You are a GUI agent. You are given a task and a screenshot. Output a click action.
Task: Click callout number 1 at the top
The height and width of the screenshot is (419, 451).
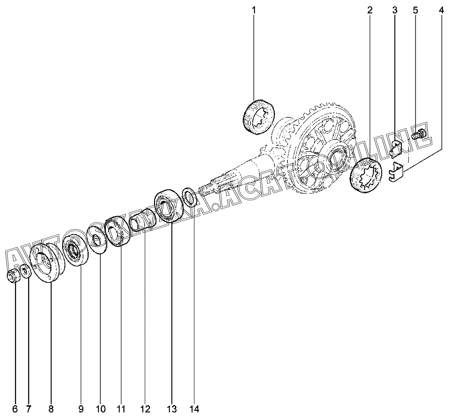pos(254,10)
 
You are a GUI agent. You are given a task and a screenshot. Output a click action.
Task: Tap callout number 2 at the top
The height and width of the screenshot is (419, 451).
pos(370,10)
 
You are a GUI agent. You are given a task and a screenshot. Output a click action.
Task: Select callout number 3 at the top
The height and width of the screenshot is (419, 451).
pos(395,10)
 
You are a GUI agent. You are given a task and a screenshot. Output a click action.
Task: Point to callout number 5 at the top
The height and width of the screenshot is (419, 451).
pos(415,10)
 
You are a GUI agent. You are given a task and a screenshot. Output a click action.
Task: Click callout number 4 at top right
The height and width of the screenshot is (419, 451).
pos(442,10)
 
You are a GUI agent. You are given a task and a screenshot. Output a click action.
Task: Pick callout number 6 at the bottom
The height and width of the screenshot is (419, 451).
pos(15,409)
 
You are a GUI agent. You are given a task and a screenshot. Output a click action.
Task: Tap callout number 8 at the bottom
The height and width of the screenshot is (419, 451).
pos(51,409)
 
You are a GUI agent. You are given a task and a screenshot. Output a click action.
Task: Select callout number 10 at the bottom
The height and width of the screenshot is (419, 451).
pos(101,409)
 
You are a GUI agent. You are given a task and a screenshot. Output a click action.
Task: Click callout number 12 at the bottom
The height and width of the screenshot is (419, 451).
pos(145,409)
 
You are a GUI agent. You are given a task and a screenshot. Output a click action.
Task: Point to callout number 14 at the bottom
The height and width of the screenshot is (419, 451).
pos(194,409)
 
